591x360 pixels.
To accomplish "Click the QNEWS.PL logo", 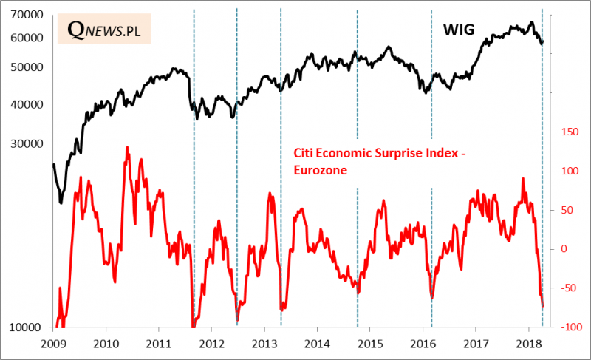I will tap(103, 29).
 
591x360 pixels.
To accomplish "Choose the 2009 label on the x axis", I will tap(53, 344).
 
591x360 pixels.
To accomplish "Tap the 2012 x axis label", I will tap(211, 344).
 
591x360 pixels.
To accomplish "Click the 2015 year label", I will tap(369, 344).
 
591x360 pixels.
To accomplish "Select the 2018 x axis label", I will tap(527, 344).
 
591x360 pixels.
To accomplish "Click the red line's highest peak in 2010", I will tap(127, 147).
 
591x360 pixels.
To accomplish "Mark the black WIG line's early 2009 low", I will tap(61, 203).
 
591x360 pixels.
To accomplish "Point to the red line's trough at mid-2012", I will tap(237, 319).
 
